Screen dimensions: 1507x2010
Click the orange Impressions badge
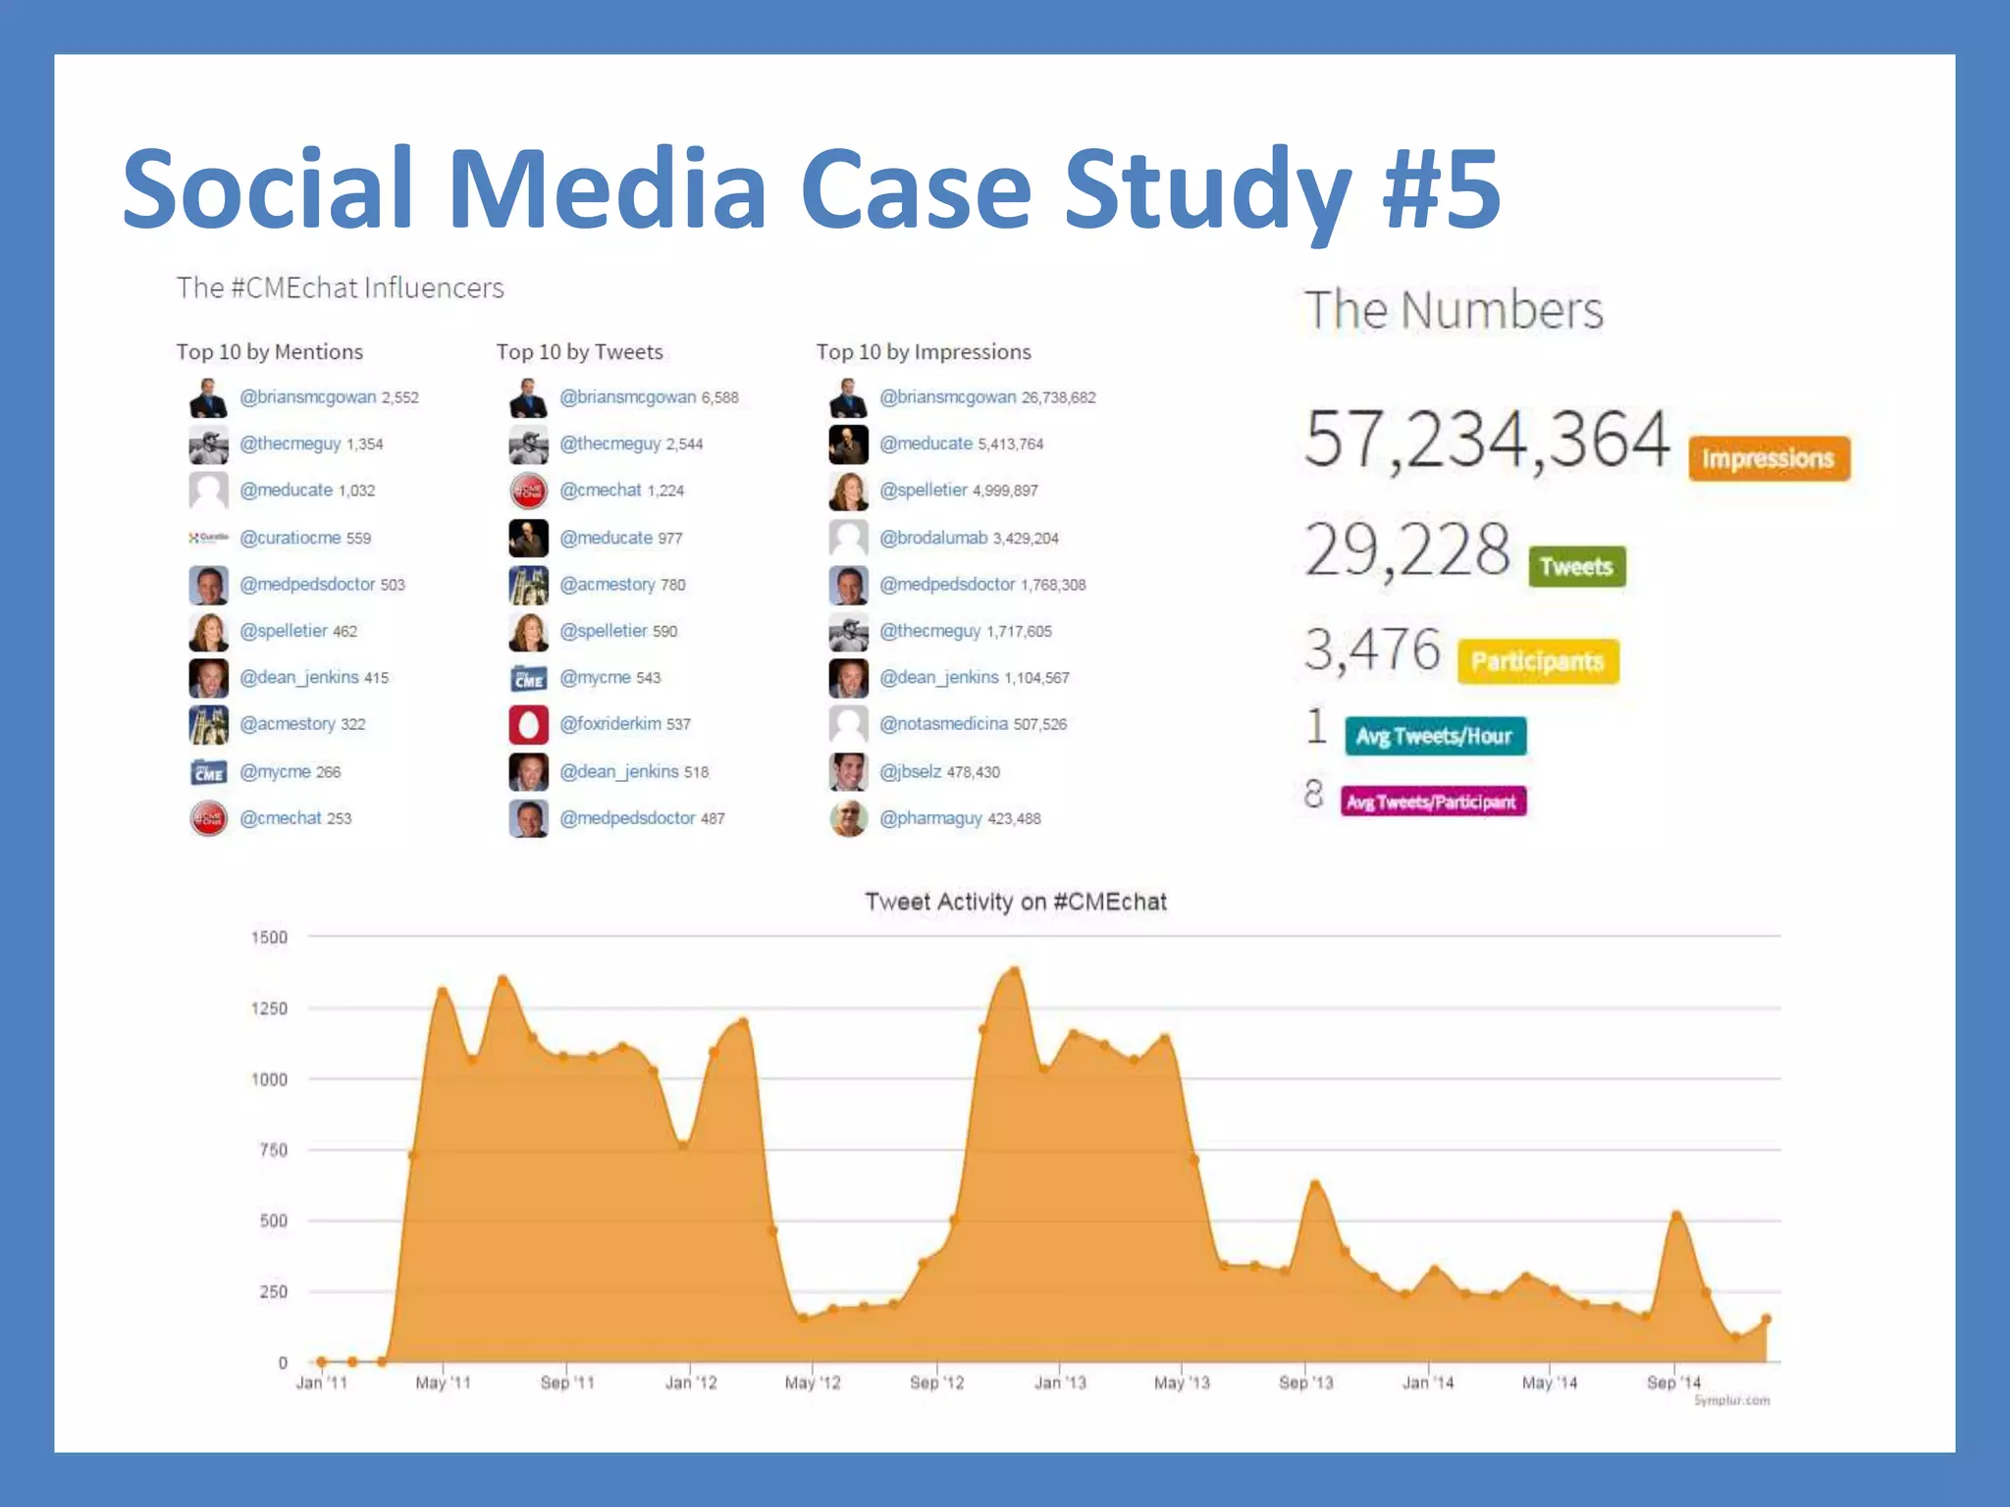(x=1769, y=458)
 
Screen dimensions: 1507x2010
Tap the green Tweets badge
(x=1576, y=566)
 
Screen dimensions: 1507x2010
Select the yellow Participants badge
(x=1537, y=661)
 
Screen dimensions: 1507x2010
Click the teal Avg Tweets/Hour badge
(x=1434, y=736)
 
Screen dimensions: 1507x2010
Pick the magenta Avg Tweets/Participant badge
(x=1432, y=802)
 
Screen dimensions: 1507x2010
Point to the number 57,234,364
(x=1486, y=439)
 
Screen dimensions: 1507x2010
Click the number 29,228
(x=1406, y=549)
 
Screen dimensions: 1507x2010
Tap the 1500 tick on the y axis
(x=270, y=937)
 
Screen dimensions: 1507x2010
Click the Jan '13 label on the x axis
(x=1060, y=1382)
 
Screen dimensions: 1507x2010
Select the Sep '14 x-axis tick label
(x=1673, y=1382)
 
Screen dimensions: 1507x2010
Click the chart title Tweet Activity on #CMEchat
(x=1015, y=902)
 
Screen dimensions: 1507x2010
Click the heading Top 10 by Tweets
(x=579, y=351)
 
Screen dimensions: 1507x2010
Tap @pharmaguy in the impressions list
(x=930, y=818)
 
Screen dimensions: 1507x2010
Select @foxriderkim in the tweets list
(x=610, y=724)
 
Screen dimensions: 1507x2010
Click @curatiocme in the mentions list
(x=291, y=538)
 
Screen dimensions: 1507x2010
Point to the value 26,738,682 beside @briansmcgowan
(x=1058, y=397)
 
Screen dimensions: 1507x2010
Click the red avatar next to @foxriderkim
(x=528, y=725)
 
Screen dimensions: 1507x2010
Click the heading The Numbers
(x=1453, y=310)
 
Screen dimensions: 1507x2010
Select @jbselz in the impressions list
(x=910, y=772)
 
